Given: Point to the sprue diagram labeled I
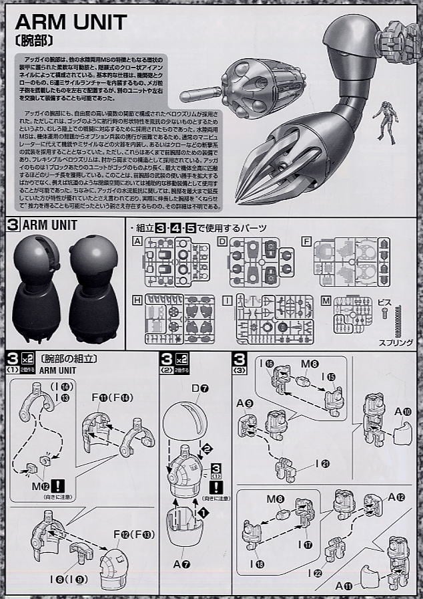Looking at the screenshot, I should click(x=274, y=319).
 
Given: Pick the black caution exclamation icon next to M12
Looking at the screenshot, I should click(x=60, y=486).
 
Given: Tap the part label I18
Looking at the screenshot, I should click(x=257, y=564).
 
